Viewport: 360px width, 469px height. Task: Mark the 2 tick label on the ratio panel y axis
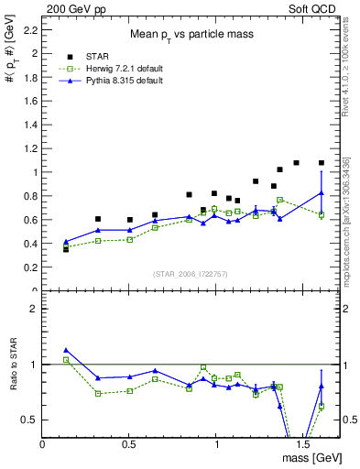(x=32, y=309)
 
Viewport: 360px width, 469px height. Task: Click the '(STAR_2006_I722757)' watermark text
(x=191, y=275)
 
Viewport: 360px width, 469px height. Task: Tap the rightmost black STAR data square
(x=322, y=163)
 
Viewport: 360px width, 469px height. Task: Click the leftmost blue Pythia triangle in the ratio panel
(x=66, y=350)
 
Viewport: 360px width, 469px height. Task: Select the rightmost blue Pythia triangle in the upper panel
(x=322, y=192)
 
